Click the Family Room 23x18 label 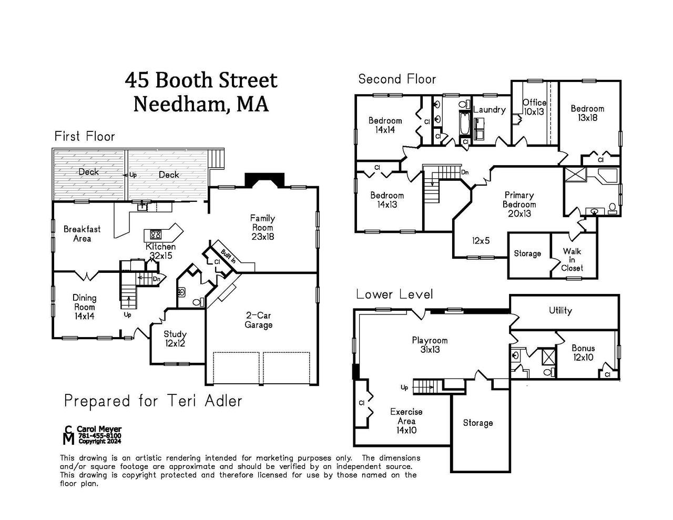point(262,227)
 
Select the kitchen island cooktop point(156,234)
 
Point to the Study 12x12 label point(175,339)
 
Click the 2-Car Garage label point(259,320)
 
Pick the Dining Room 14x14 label point(84,307)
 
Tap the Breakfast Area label point(82,234)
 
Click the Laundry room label point(489,109)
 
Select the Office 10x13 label point(534,107)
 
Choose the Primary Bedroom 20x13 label point(519,204)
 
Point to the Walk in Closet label point(572,260)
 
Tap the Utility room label point(560,310)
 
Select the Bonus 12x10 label point(583,353)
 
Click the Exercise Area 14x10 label point(406,421)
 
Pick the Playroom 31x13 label point(430,345)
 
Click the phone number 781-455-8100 point(100,436)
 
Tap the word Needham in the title point(179,104)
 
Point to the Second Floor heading point(397,79)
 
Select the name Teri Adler point(205,401)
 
